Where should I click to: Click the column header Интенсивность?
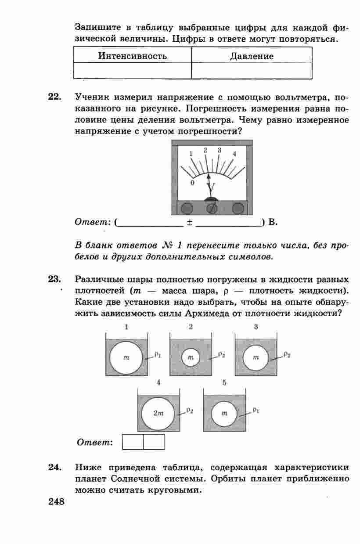tap(132, 56)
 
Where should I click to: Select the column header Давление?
tap(252, 56)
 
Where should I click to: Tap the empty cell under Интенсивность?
tap(132, 71)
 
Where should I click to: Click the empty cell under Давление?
tap(252, 71)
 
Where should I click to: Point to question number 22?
tap(54, 97)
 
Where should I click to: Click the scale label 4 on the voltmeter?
tap(234, 154)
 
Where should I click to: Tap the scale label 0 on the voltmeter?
tap(192, 183)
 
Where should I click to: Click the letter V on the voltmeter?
tap(211, 188)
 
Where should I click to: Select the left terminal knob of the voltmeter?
tap(187, 208)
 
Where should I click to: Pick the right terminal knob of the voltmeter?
tap(238, 208)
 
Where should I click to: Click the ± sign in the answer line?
tap(190, 222)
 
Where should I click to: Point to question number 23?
tap(54, 279)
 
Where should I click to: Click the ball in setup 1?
tap(126, 357)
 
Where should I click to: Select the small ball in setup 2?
tap(191, 357)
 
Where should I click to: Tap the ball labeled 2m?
tap(158, 413)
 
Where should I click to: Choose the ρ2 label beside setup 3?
tap(287, 354)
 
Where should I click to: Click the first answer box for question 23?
tap(133, 442)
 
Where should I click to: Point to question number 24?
tap(54, 467)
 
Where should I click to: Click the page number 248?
tap(56, 501)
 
